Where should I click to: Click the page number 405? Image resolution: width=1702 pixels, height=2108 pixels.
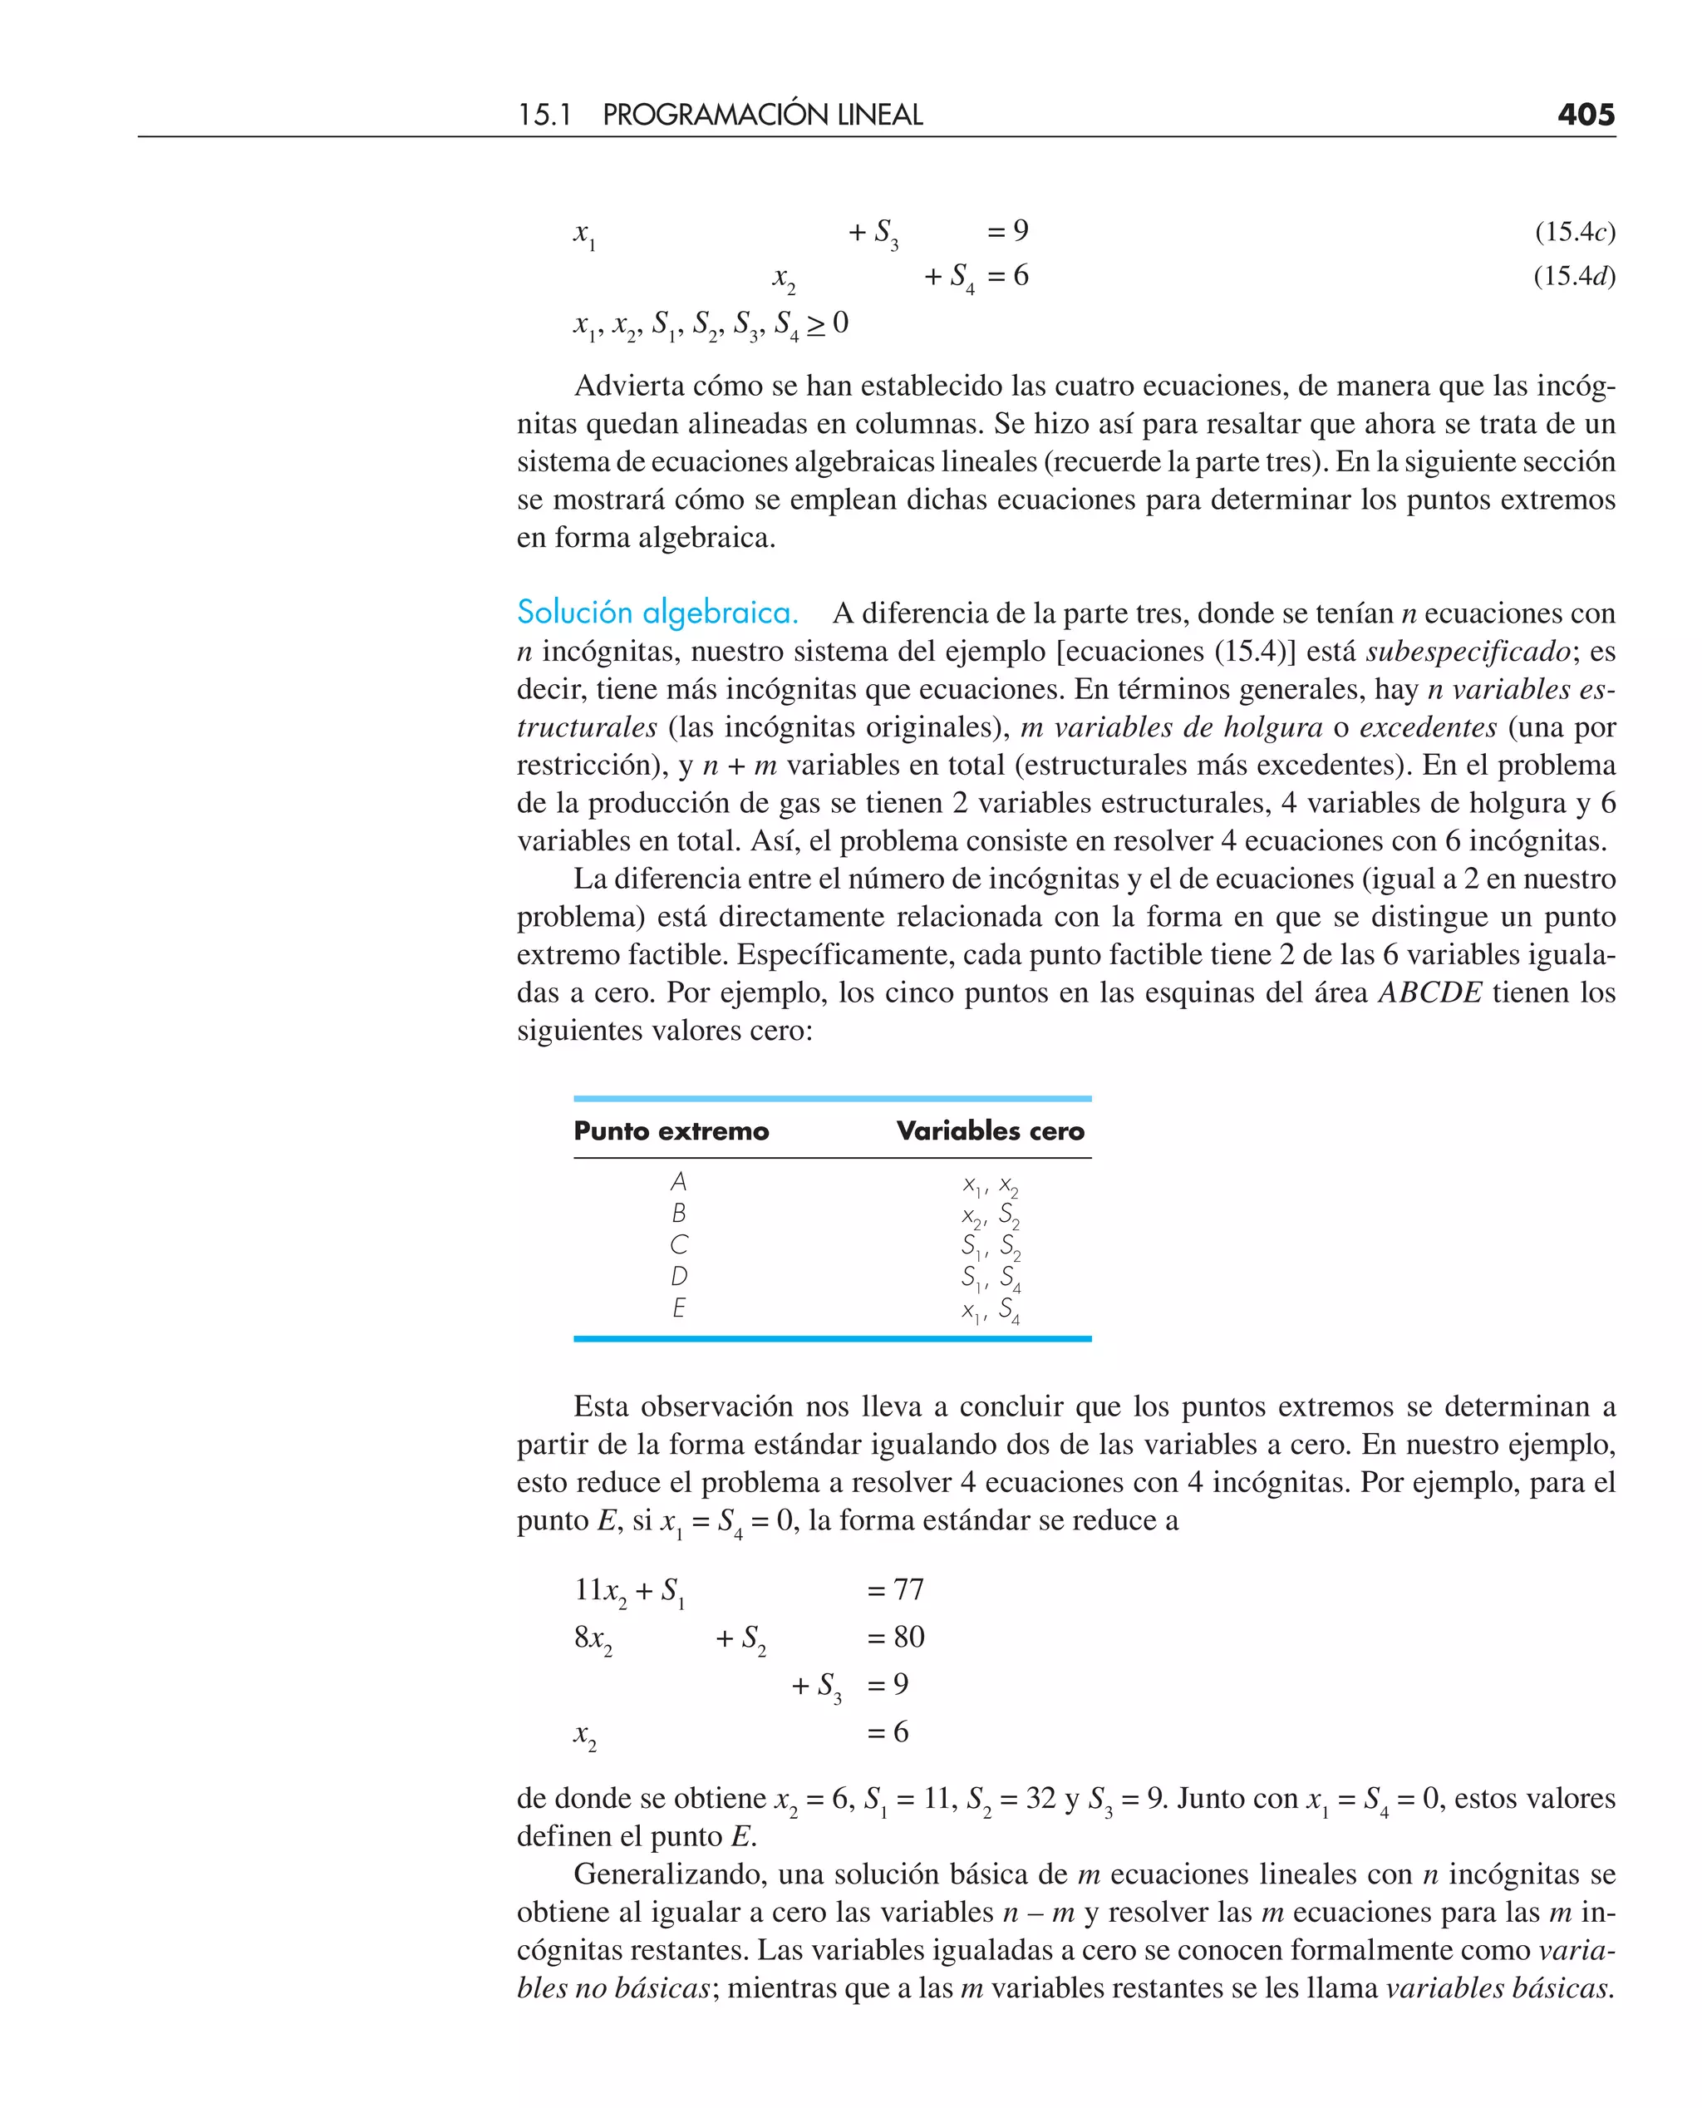[x=1586, y=115]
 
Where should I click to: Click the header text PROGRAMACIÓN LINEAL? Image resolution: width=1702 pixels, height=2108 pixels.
[x=762, y=115]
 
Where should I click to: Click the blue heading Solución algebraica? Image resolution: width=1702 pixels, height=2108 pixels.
[x=657, y=613]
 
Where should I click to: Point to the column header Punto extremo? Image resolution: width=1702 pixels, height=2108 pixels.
[x=671, y=1130]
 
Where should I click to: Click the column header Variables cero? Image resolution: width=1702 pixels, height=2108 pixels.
[x=991, y=1130]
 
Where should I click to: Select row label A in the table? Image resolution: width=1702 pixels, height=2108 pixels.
[x=678, y=1181]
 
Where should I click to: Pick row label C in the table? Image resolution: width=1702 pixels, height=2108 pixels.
[x=678, y=1245]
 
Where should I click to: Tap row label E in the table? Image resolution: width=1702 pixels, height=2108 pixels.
[x=678, y=1308]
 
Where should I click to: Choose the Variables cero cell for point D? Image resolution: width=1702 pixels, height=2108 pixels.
[x=991, y=1278]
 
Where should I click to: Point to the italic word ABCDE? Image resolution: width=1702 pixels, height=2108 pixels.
[x=1429, y=992]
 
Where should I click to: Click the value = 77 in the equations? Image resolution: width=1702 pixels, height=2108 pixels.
[x=895, y=1589]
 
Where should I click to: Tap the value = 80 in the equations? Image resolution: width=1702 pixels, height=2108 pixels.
[x=895, y=1637]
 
